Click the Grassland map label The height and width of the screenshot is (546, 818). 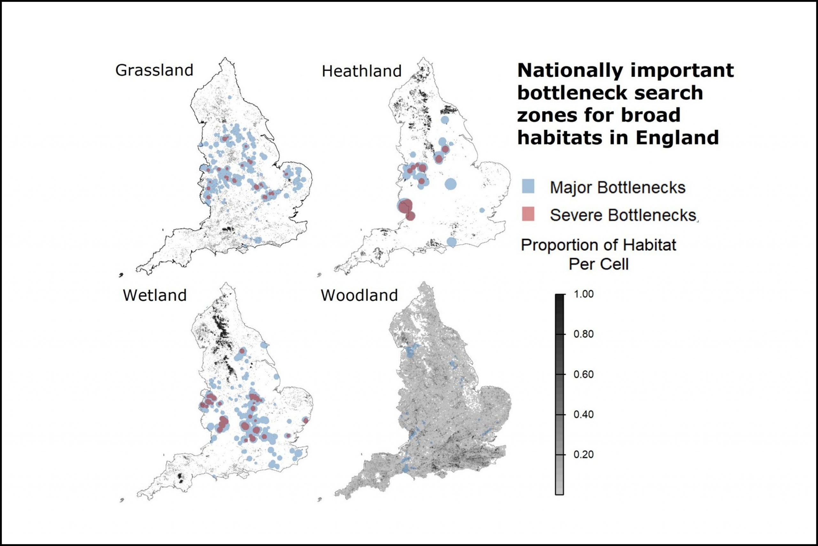[154, 70]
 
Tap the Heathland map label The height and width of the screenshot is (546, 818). [361, 71]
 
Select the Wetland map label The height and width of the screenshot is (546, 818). [155, 295]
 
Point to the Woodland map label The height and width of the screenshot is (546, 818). [359, 295]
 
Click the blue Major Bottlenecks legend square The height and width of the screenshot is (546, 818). [528, 186]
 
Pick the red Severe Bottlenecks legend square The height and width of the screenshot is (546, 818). [528, 214]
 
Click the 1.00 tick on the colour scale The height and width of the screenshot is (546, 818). [583, 294]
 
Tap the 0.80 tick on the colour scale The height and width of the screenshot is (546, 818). [583, 334]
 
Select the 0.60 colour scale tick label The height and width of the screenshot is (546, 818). [583, 374]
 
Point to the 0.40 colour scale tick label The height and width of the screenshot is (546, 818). [583, 414]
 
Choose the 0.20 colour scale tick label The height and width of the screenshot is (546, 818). [583, 454]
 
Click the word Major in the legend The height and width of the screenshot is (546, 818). [571, 188]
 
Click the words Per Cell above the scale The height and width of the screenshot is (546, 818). [598, 264]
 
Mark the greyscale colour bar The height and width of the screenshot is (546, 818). [559, 394]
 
